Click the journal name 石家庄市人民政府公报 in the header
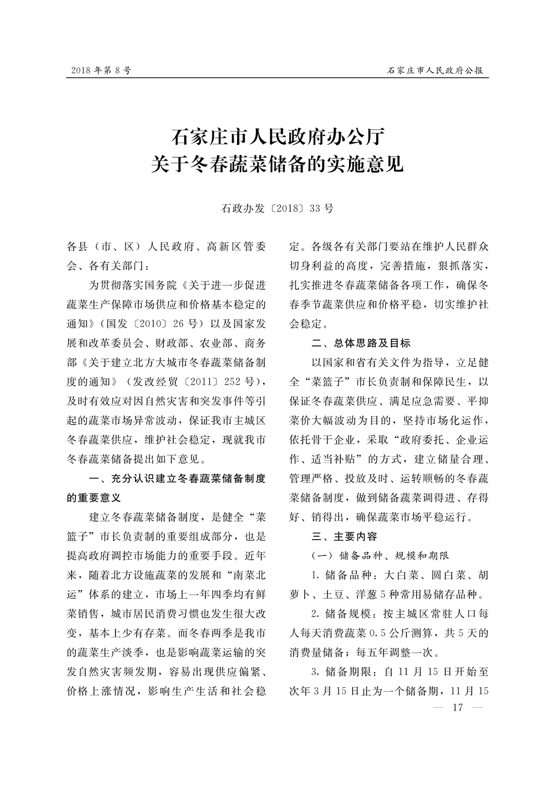coord(435,71)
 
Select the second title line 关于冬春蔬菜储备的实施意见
coord(277,165)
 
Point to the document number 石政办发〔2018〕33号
coord(277,209)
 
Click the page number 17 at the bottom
coord(458,708)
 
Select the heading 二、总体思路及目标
coord(361,343)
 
